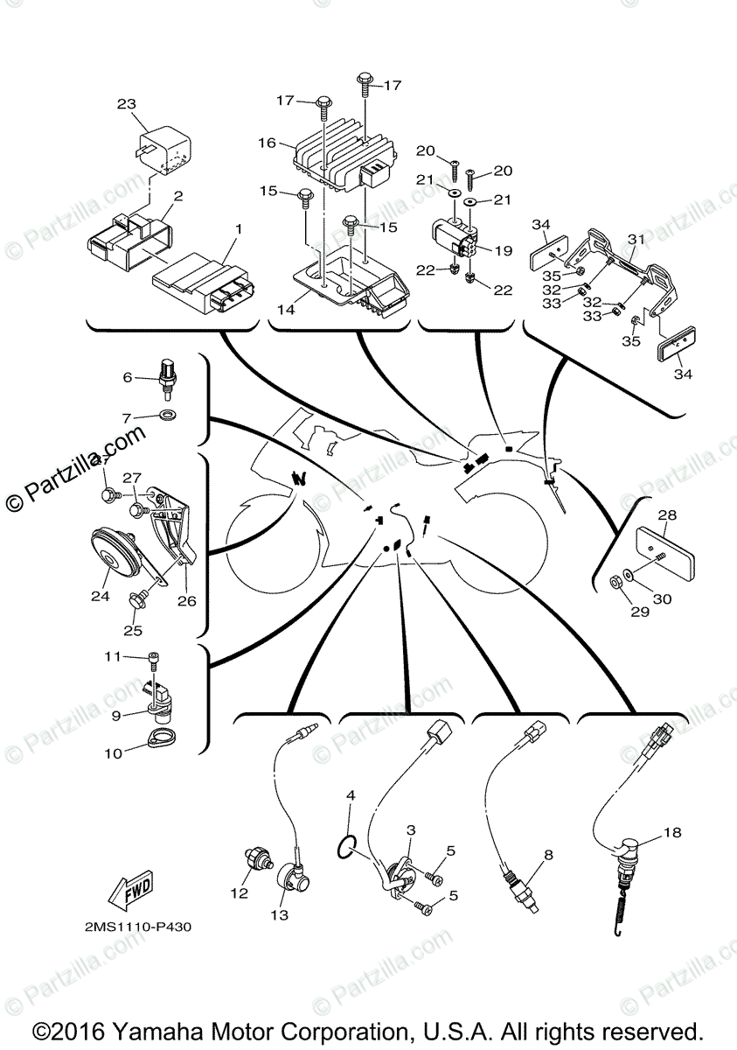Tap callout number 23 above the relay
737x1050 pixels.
128,104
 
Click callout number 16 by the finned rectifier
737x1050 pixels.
267,142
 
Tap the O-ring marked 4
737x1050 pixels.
347,845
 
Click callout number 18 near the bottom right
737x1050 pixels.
671,832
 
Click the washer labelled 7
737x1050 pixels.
167,413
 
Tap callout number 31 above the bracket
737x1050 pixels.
636,240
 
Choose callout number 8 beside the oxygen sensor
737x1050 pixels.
549,855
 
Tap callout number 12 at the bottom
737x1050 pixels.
239,893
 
